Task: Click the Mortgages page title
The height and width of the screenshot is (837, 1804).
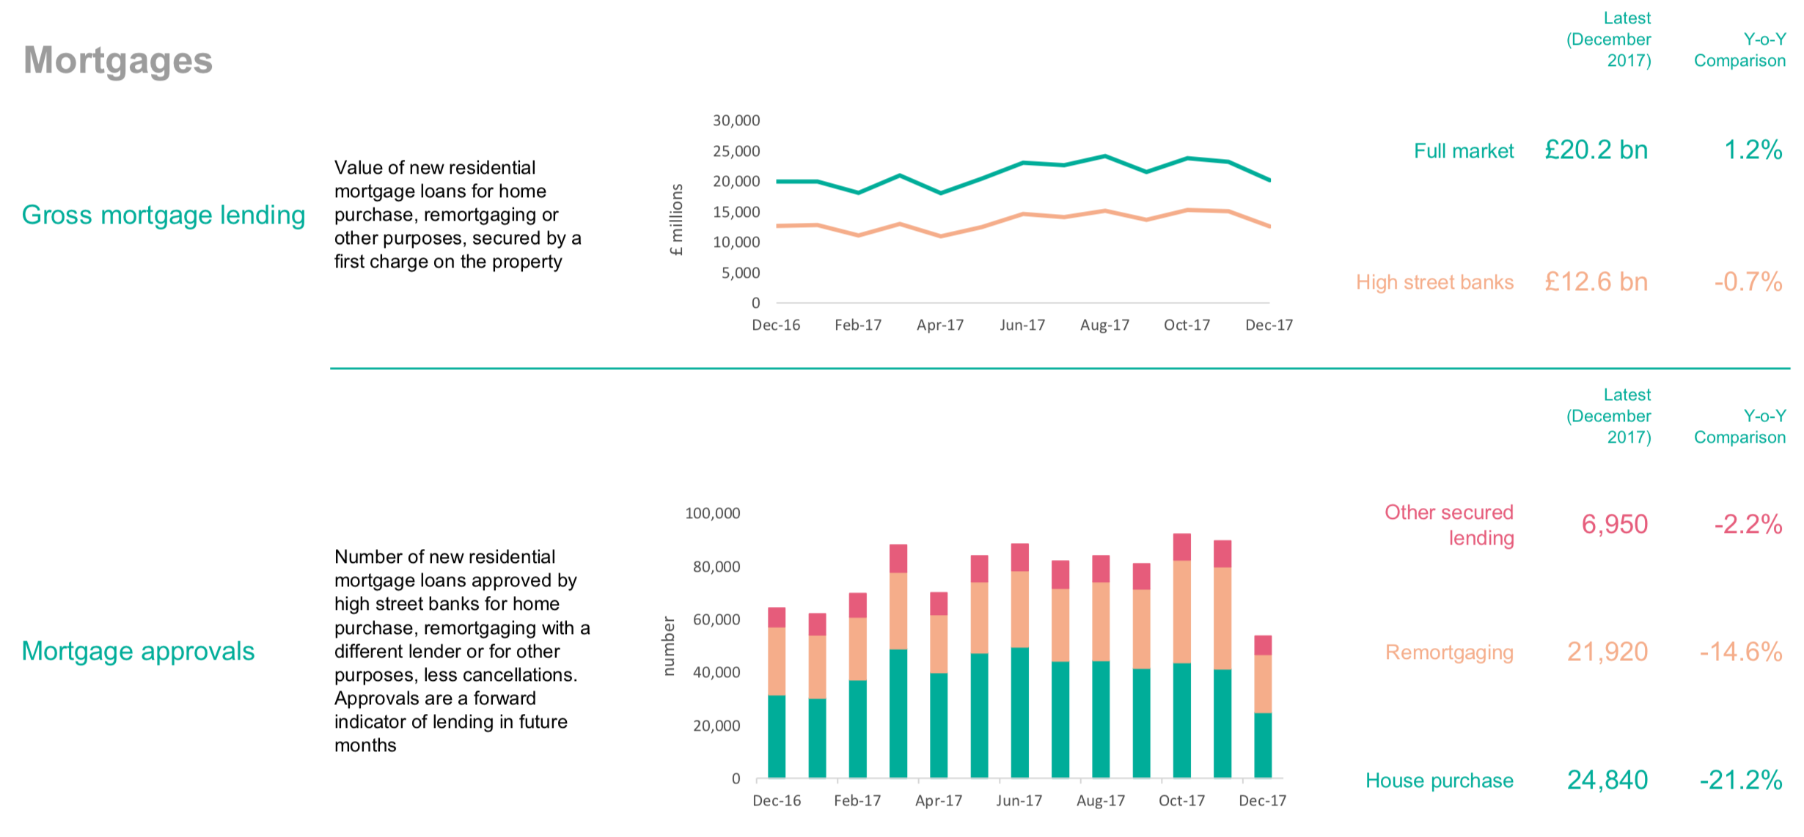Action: pyautogui.click(x=118, y=60)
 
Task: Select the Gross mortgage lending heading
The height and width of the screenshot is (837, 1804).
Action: pyautogui.click(x=164, y=215)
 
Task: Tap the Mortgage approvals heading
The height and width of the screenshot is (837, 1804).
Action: pyautogui.click(x=138, y=651)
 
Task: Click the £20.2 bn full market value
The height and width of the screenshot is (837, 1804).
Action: pyautogui.click(x=1596, y=150)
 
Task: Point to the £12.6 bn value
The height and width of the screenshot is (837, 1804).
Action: pyautogui.click(x=1596, y=282)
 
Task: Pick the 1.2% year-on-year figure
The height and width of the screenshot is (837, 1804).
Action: pyautogui.click(x=1753, y=150)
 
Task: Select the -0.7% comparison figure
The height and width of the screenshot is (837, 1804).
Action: pyautogui.click(x=1748, y=282)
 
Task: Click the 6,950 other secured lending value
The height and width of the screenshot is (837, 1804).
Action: pyautogui.click(x=1614, y=524)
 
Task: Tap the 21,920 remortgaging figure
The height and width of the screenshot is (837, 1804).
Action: pyautogui.click(x=1607, y=652)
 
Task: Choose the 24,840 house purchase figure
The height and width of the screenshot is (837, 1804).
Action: pyautogui.click(x=1607, y=780)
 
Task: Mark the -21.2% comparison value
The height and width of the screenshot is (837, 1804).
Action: pyautogui.click(x=1740, y=780)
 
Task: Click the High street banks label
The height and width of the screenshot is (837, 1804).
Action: pyautogui.click(x=1434, y=282)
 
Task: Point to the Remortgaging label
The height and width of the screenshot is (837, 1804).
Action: pyautogui.click(x=1449, y=652)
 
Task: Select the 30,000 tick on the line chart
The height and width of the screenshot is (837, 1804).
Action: pyautogui.click(x=736, y=120)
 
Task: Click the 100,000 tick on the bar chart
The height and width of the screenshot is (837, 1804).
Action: pyautogui.click(x=712, y=513)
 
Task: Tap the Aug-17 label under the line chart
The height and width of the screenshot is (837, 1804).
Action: pyautogui.click(x=1104, y=325)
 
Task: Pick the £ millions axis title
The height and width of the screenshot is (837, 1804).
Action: pyautogui.click(x=676, y=219)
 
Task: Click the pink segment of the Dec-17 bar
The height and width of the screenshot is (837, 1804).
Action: pyautogui.click(x=1263, y=645)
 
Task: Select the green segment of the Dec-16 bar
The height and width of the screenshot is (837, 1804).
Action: pyautogui.click(x=777, y=736)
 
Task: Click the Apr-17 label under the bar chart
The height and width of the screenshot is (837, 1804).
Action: pyautogui.click(x=939, y=800)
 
